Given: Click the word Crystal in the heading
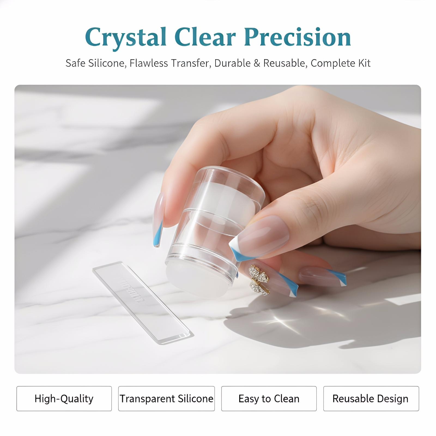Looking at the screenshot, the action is [126, 38].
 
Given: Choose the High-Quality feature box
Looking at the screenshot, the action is [64, 398].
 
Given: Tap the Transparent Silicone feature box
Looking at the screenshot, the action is [166, 398].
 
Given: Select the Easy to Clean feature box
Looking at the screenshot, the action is [269, 398].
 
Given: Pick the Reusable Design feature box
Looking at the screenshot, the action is [371, 398].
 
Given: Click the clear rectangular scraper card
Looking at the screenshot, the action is [143, 302].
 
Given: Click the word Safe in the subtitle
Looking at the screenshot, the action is [75, 63].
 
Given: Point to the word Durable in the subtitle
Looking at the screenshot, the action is [232, 63].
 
